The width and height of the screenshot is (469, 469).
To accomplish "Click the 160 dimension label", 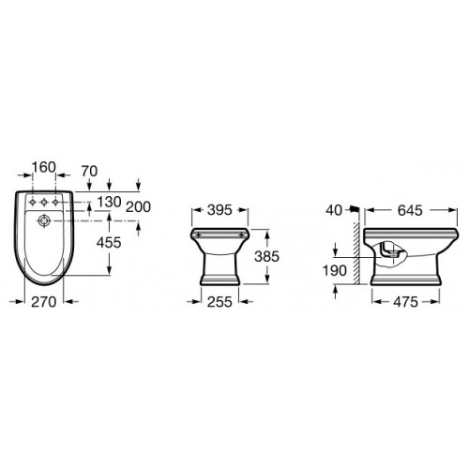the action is click(44, 167).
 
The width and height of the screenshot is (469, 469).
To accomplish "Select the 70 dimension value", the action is click(89, 172).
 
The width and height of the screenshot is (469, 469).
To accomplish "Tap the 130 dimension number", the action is click(109, 202).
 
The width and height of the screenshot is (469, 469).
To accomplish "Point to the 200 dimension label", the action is click(138, 207).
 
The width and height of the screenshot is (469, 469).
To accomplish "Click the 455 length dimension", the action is click(109, 242).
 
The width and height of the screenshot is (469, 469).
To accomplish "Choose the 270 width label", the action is click(44, 302).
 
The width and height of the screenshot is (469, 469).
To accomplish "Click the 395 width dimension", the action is click(219, 210).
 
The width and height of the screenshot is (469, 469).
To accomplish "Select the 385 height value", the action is click(266, 256).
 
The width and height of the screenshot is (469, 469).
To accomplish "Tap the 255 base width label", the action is click(219, 302).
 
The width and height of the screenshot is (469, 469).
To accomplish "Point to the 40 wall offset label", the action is click(334, 210).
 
